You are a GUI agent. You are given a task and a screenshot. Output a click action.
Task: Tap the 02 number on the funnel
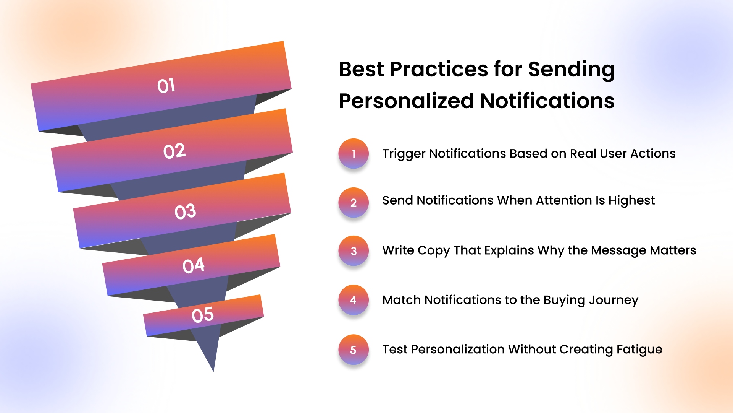tap(174, 151)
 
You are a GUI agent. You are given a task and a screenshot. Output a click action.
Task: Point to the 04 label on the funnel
tap(194, 265)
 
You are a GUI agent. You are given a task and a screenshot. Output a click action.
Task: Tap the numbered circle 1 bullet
tap(354, 154)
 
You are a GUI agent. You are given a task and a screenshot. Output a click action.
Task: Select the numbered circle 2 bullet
tap(354, 203)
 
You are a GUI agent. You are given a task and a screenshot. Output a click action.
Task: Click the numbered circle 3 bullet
tap(354, 251)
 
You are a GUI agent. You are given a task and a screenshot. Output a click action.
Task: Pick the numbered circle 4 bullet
tap(354, 300)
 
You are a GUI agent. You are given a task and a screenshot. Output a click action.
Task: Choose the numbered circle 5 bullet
tap(354, 350)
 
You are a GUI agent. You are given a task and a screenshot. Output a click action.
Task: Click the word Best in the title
tap(361, 70)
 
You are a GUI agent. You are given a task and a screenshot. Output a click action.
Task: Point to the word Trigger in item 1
tap(404, 154)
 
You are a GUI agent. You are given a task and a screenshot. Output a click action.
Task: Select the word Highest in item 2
tap(631, 200)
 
